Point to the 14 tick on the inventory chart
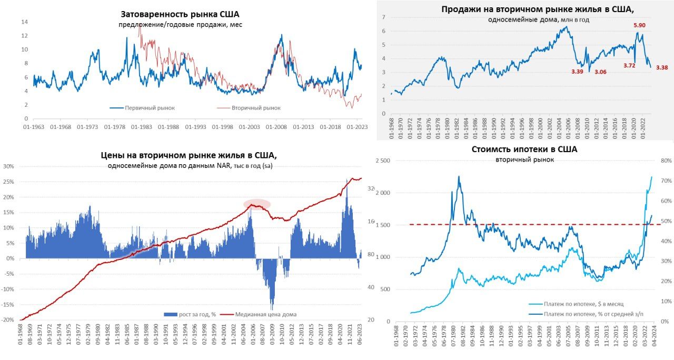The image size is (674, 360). (24, 22)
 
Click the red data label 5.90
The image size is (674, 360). (639, 25)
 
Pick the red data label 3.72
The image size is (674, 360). (630, 66)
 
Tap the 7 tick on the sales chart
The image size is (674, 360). (384, 17)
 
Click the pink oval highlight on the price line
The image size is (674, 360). (256, 204)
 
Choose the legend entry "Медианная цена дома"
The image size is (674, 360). (266, 314)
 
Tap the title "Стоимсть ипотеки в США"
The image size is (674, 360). (524, 149)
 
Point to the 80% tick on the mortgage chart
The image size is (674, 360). (665, 161)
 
